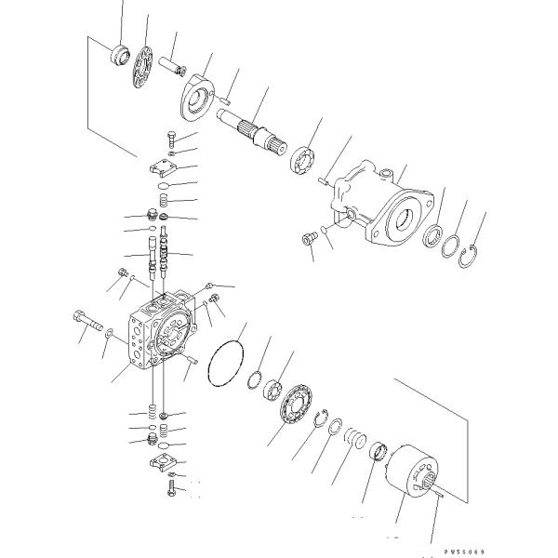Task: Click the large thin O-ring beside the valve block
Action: pyautogui.click(x=225, y=362)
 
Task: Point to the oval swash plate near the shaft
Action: pyautogui.click(x=196, y=97)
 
